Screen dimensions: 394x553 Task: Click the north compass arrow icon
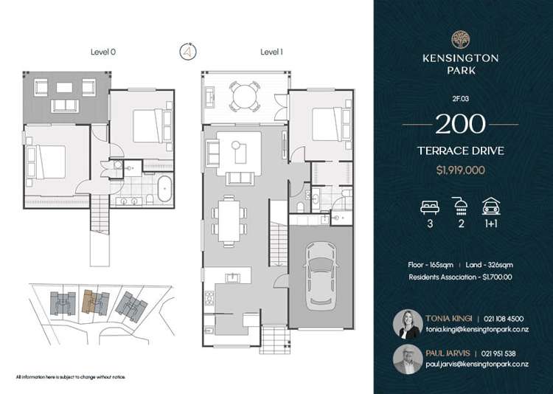[x=188, y=52]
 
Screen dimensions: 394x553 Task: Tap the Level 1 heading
[x=271, y=52]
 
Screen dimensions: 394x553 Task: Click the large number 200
[x=460, y=123]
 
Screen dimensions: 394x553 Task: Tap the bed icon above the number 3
[x=429, y=206]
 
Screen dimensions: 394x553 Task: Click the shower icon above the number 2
[x=461, y=206]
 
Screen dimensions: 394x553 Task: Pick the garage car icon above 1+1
[x=491, y=206]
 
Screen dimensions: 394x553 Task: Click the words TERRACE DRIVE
[x=460, y=153]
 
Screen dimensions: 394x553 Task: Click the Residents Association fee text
[x=460, y=277]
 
